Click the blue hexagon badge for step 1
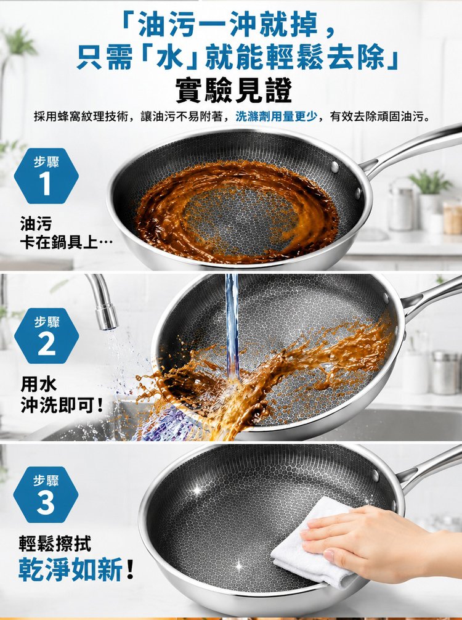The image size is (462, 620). pos(46,176)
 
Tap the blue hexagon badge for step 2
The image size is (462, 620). pos(47,336)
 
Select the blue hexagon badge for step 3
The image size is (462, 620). pos(46,494)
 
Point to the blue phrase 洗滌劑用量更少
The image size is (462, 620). pos(276,116)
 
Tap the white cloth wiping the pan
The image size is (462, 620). pos(316,545)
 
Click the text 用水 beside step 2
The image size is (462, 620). pos(39,384)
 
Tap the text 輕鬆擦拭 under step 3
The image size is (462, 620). pos(55,544)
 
